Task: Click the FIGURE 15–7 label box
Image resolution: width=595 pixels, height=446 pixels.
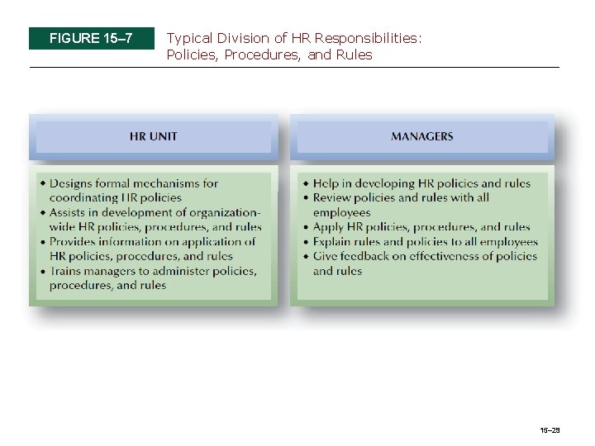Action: (x=91, y=38)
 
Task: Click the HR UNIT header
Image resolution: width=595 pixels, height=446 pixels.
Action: (x=153, y=136)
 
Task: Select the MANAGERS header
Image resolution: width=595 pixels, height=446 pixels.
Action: (x=421, y=136)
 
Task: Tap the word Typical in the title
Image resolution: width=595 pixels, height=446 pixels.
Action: (x=189, y=38)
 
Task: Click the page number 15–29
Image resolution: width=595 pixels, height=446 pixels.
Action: (x=550, y=430)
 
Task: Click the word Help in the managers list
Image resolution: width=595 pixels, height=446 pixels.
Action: (x=326, y=183)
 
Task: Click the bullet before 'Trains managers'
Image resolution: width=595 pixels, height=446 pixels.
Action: (x=42, y=271)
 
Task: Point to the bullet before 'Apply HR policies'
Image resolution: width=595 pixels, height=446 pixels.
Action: (x=306, y=227)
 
